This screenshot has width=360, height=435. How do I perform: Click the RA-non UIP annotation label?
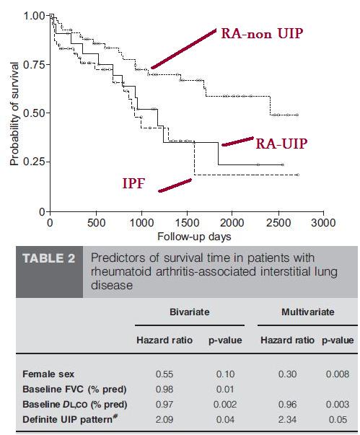pyautogui.click(x=262, y=34)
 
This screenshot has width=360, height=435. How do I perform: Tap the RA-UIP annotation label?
pyautogui.click(x=281, y=144)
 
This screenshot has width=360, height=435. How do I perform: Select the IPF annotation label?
pyautogui.click(x=133, y=184)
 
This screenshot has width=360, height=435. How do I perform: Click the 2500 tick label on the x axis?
pyautogui.click(x=278, y=223)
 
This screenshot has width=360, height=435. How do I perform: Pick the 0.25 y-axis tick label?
pyautogui.click(x=35, y=162)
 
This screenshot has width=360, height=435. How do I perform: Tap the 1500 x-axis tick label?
pyautogui.click(x=188, y=223)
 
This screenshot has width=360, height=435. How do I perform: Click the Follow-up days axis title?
pyautogui.click(x=194, y=237)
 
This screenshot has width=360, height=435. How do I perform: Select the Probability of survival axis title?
pyautogui.click(x=14, y=113)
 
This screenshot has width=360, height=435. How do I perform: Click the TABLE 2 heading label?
pyautogui.click(x=49, y=258)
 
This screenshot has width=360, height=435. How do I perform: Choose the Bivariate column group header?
pyautogui.click(x=190, y=312)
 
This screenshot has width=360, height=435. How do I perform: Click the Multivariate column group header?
pyautogui.click(x=308, y=312)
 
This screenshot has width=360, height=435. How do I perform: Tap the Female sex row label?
pyautogui.click(x=48, y=374)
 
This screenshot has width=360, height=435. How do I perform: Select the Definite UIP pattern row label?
pyautogui.click(x=69, y=419)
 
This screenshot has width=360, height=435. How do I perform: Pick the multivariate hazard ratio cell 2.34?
pyautogui.click(x=287, y=419)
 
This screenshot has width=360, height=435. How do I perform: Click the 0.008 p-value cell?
pyautogui.click(x=338, y=374)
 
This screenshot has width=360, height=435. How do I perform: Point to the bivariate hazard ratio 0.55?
pyautogui.click(x=164, y=374)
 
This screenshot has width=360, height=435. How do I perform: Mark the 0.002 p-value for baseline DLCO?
pyautogui.click(x=225, y=404)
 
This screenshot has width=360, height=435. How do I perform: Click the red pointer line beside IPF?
pyautogui.click(x=175, y=185)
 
